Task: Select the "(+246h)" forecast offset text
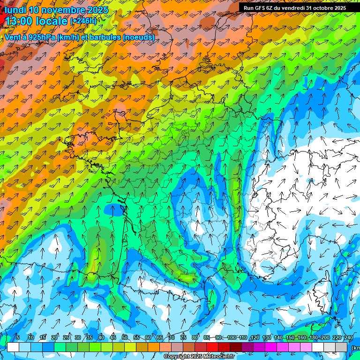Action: click(x=83, y=21)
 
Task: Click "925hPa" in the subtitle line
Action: click(x=41, y=37)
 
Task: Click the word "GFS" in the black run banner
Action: click(x=262, y=8)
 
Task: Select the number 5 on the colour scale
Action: click(x=18, y=337)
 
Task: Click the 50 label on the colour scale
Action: click(x=125, y=337)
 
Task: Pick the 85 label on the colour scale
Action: click(x=207, y=337)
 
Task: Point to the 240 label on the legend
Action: click(x=349, y=337)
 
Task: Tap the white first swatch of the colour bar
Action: click(x=13, y=347)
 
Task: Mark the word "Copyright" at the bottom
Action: click(x=176, y=357)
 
